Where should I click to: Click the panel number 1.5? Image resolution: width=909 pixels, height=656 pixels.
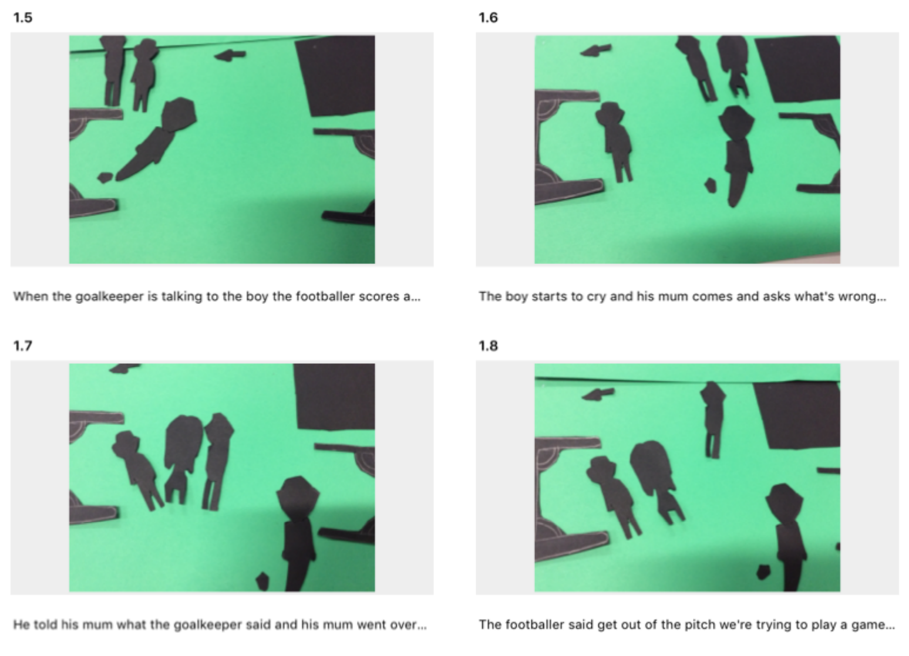coord(23,18)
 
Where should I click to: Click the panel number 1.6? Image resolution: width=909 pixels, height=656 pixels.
coord(488,18)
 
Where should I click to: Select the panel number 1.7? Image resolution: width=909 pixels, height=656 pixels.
coord(23,346)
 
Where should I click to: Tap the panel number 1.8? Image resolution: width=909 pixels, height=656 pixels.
coord(488,346)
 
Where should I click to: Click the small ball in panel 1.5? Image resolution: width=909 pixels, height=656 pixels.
coord(105,178)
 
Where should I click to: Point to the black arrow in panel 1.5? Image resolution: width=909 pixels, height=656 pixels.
coord(230,55)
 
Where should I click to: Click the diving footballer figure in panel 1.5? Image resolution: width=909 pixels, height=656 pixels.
coord(157,138)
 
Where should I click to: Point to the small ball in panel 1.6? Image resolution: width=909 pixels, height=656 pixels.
coord(711,185)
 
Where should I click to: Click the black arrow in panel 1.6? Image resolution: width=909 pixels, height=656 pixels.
coord(595,50)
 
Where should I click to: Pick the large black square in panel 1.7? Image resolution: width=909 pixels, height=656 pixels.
coord(334,397)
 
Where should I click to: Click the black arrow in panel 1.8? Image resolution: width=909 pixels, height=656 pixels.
coord(598,394)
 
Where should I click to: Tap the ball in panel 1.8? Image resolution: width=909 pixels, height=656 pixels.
coord(764,572)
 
